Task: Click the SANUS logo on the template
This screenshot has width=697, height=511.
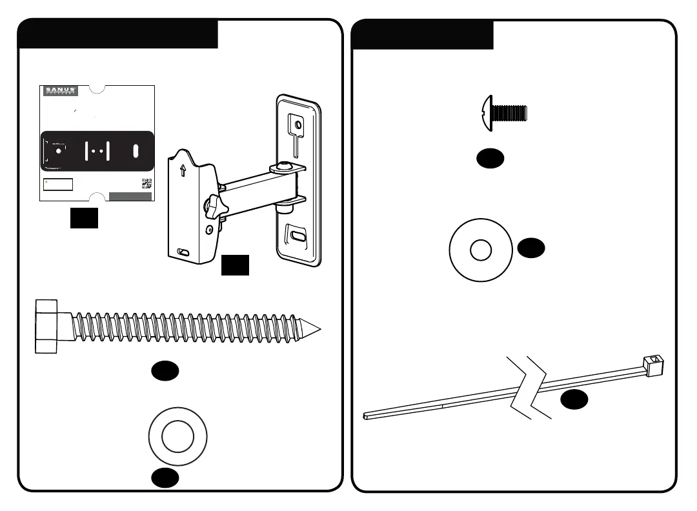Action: (61, 91)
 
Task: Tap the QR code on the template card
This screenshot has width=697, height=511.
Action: (146, 183)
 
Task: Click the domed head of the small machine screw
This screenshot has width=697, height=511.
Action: (487, 113)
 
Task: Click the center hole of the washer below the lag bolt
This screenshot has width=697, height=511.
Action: (177, 438)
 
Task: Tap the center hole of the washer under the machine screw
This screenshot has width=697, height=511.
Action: (481, 250)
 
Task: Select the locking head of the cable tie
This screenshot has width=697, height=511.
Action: (655, 366)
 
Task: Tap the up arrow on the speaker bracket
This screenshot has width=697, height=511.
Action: (183, 171)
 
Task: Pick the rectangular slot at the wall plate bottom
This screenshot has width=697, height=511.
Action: (296, 235)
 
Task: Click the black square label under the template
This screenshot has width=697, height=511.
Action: (84, 218)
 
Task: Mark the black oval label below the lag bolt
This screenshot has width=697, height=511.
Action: (165, 370)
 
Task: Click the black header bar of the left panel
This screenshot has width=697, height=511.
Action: (118, 34)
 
